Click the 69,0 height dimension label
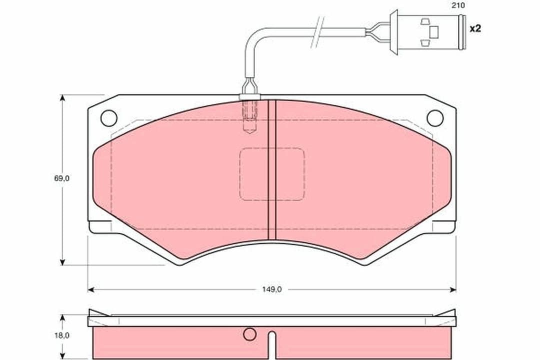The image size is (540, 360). point(62,178)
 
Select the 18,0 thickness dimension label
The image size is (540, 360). point(62,335)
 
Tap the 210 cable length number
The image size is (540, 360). point(458,5)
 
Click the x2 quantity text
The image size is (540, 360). point(475,28)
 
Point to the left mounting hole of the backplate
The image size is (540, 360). point(108,118)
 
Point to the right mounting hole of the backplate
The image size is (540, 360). point(435,118)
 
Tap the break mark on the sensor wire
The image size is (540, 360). point(318,32)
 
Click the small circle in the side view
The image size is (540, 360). point(249,334)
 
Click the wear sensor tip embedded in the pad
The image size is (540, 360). point(249,117)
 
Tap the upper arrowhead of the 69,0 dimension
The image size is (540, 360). point(62,98)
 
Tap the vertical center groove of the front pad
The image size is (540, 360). point(272,170)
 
